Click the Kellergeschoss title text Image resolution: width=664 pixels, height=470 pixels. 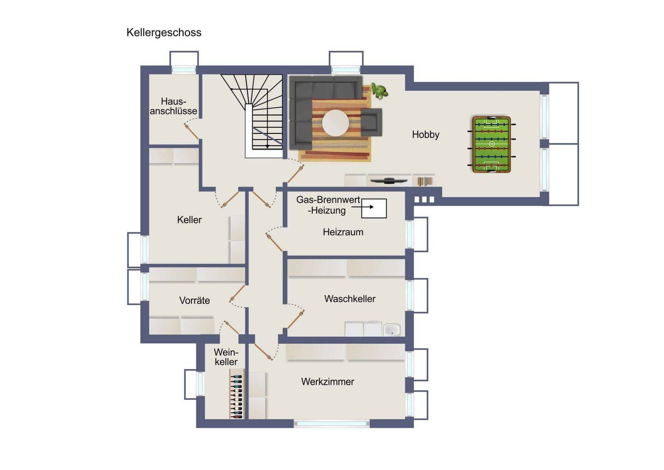click(x=164, y=32)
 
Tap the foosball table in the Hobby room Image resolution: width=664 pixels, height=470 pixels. click(x=492, y=145)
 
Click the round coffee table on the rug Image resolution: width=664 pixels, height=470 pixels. click(x=336, y=123)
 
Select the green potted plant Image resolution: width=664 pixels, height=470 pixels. click(x=379, y=91)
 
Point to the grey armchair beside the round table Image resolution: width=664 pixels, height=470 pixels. click(x=371, y=122)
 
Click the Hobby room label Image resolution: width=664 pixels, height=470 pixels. click(x=425, y=135)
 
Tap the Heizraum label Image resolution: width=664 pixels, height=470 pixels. click(x=343, y=232)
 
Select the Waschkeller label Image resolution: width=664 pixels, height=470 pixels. click(x=350, y=299)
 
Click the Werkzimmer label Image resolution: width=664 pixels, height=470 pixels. click(x=327, y=381)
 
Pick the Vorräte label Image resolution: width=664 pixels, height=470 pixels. click(x=195, y=300)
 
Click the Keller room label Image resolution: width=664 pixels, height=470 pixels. click(x=189, y=220)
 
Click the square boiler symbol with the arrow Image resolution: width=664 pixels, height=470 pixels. click(x=374, y=208)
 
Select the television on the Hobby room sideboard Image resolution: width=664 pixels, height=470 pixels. click(x=389, y=181)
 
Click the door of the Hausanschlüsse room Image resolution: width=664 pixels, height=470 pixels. click(x=191, y=131)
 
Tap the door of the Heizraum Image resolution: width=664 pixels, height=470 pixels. click(x=274, y=242)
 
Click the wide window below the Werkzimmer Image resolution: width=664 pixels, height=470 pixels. click(x=332, y=424)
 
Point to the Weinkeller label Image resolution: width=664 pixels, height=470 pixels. click(x=226, y=357)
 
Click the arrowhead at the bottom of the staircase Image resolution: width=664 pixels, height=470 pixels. click(x=267, y=146)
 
